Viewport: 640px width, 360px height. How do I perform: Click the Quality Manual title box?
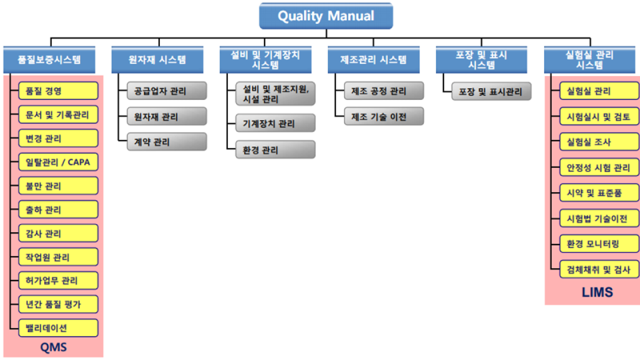(326, 16)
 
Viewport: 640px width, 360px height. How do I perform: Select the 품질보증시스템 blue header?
(50, 59)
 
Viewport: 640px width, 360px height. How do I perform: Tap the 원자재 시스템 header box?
(158, 59)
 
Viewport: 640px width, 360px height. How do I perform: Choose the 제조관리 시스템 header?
(374, 59)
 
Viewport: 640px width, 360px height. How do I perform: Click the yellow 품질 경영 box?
(58, 91)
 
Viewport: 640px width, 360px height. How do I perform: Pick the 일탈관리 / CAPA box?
(58, 162)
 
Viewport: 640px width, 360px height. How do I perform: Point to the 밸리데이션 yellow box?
(58, 328)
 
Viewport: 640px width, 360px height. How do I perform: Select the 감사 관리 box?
(58, 233)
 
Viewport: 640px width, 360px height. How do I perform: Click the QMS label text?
(54, 347)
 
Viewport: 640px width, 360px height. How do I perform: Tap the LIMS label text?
(597, 292)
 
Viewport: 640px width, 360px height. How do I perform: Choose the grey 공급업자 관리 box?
(167, 90)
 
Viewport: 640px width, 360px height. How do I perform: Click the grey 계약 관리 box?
(167, 142)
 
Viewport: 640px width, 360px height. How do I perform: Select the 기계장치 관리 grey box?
(275, 123)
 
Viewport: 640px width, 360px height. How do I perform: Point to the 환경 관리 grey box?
(275, 150)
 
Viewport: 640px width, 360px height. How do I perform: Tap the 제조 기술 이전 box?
(384, 116)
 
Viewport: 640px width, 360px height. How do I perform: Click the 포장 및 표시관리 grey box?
(491, 91)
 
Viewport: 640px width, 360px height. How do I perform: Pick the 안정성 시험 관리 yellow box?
(599, 167)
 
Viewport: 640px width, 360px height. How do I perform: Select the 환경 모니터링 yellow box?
(599, 244)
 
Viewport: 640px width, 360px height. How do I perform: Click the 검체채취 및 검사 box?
(599, 270)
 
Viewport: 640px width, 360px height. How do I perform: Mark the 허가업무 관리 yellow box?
(58, 281)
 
